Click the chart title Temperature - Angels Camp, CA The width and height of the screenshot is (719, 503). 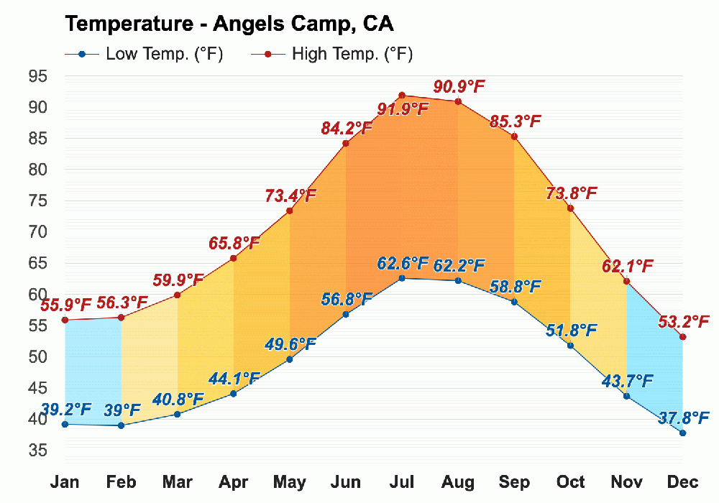[x=229, y=24]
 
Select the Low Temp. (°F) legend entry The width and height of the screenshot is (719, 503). [x=144, y=54]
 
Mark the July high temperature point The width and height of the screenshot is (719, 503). [x=402, y=96]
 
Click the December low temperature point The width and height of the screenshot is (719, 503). [x=682, y=433]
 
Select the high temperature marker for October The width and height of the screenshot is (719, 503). [x=570, y=208]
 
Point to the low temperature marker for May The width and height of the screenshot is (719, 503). [x=290, y=359]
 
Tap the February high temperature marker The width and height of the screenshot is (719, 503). [x=122, y=318]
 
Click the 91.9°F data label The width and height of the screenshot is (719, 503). [x=402, y=110]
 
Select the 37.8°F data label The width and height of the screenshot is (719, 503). [x=683, y=417]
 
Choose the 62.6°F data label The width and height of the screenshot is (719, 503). [x=403, y=264]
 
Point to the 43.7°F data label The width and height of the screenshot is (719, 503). [x=627, y=381]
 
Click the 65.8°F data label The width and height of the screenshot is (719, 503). [x=234, y=243]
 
